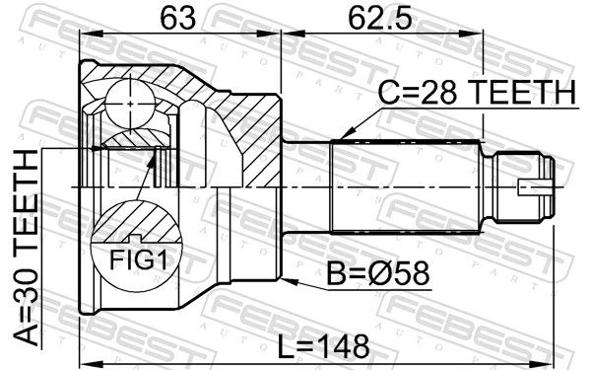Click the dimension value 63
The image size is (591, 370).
coord(178,18)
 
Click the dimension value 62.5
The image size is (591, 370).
coord(380,18)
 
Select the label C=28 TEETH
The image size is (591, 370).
coord(477,92)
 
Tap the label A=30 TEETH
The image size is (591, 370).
coord(27,248)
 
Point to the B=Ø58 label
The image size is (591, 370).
coord(377,273)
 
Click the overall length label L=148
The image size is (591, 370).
coord(323,346)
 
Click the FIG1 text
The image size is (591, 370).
coord(138,259)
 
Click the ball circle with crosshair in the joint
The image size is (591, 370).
coord(130,104)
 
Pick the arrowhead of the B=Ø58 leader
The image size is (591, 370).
coord(290,281)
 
